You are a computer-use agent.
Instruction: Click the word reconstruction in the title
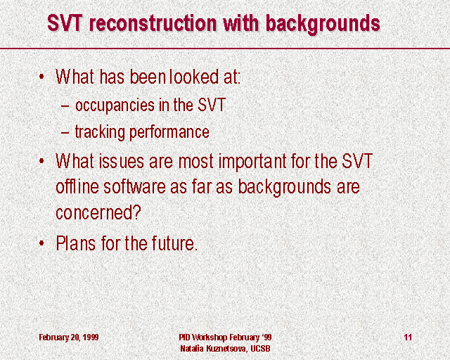(153, 23)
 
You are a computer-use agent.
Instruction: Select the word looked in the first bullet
(194, 77)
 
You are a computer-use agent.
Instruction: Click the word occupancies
(115, 106)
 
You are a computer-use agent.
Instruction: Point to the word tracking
(100, 133)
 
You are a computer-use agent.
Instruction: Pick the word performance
(169, 133)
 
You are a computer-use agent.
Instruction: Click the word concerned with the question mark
(98, 213)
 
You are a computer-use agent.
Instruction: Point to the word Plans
(75, 243)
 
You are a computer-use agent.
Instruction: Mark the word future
(175, 243)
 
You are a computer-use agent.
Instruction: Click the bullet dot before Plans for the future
(41, 243)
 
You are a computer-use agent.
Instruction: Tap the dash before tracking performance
(65, 133)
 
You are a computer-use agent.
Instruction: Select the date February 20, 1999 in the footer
(69, 337)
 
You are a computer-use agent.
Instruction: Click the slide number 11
(408, 337)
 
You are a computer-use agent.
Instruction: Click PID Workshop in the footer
(203, 337)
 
